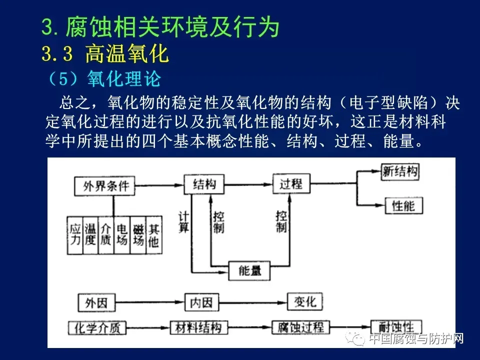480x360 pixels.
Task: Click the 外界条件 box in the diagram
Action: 104,185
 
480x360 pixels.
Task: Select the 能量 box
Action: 249,270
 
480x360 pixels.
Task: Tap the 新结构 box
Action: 400,171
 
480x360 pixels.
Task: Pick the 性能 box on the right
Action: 403,205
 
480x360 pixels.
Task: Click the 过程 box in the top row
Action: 291,183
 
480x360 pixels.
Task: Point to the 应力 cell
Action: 75,235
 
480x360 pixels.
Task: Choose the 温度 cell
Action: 90,235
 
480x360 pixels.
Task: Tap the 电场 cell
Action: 122,235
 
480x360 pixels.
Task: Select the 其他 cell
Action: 154,235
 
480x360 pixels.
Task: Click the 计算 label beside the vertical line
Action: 183,222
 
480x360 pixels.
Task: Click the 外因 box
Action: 96,303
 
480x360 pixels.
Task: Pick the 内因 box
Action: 201,302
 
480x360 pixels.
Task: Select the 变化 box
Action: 305,302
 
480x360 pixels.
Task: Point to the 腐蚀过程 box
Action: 300,327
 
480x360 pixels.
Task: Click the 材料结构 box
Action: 198,327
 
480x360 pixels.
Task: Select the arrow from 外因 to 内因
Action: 149,302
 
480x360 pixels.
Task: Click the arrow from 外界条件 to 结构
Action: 159,185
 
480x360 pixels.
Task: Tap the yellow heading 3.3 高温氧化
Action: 105,53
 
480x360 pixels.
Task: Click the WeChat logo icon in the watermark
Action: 355,338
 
